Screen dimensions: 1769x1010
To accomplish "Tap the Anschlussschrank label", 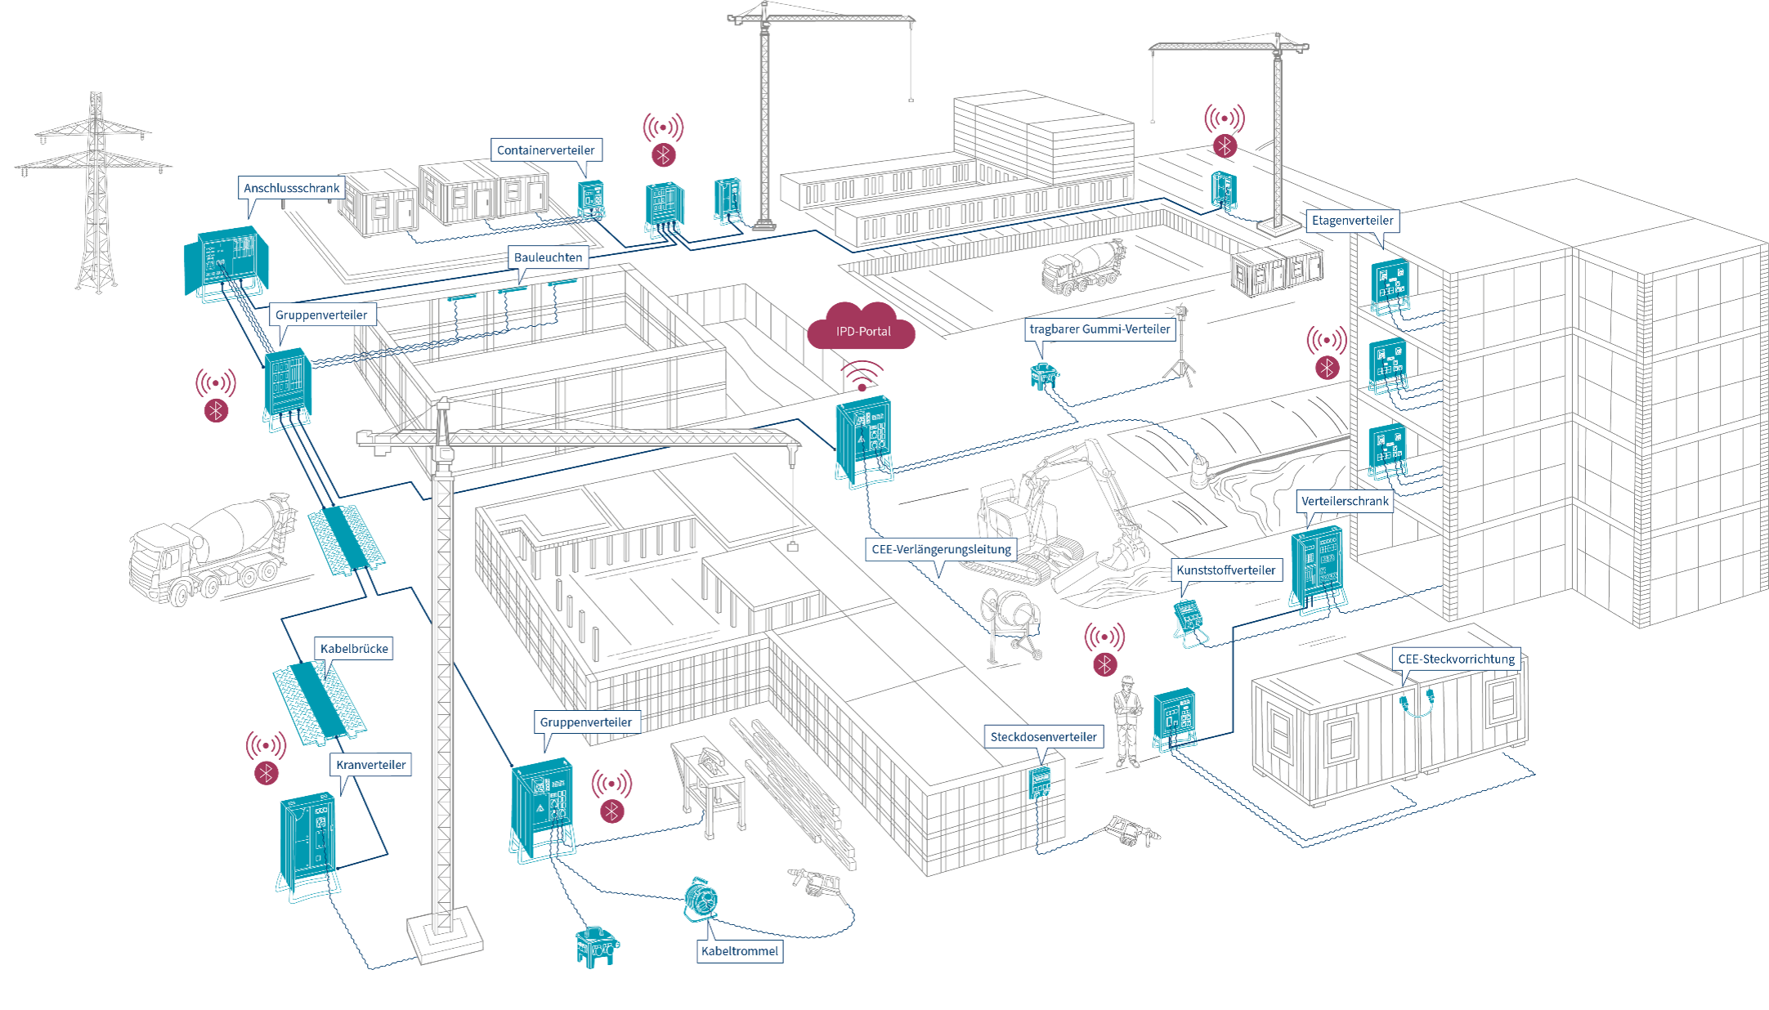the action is click(291, 188).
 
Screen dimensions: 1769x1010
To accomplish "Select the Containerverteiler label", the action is click(546, 150).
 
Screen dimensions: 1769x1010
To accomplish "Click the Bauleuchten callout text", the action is click(549, 257).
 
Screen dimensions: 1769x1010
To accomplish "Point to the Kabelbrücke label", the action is click(354, 649).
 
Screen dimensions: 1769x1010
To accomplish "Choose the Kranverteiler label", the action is click(371, 765).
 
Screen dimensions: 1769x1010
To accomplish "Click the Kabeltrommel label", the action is click(740, 951).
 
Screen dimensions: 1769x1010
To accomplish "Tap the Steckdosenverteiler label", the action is click(1044, 737).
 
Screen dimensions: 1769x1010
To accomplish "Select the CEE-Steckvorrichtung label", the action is click(1456, 659).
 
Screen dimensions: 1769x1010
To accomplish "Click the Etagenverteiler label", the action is click(1352, 221).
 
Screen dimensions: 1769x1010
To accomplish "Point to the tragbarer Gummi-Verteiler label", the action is click(1099, 329).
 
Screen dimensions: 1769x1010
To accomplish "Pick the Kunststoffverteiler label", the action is click(1225, 570).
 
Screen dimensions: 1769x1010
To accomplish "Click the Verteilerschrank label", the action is click(1345, 501).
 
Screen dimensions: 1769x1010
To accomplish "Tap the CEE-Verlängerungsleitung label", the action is click(941, 549).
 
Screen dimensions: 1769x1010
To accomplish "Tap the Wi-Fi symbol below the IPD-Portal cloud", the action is click(862, 377).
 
